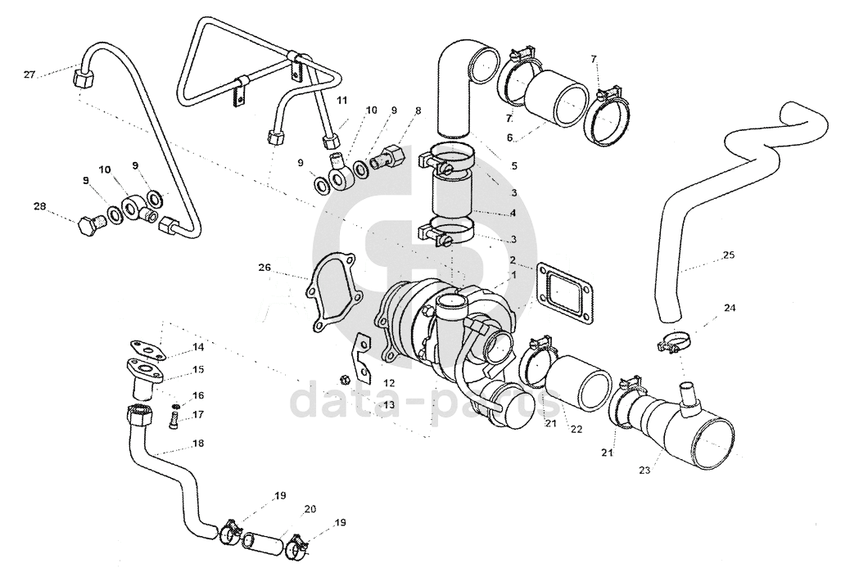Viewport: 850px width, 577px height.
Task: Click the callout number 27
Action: (29, 74)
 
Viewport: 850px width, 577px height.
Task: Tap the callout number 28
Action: (40, 206)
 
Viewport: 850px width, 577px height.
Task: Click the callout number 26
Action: (264, 267)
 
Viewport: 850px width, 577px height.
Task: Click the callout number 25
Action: (729, 254)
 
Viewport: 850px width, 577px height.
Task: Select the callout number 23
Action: (644, 471)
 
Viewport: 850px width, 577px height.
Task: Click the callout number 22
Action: (576, 429)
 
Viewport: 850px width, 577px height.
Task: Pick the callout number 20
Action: (310, 509)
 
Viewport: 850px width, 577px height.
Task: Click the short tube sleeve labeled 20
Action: (262, 543)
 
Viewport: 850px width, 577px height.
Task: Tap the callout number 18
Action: (198, 443)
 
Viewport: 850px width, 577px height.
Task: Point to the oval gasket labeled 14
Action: (145, 350)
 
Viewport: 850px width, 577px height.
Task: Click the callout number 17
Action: (198, 414)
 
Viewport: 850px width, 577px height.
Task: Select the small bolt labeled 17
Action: (174, 421)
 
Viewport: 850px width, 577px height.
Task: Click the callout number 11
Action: (341, 100)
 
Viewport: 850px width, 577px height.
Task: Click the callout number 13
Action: (389, 404)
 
